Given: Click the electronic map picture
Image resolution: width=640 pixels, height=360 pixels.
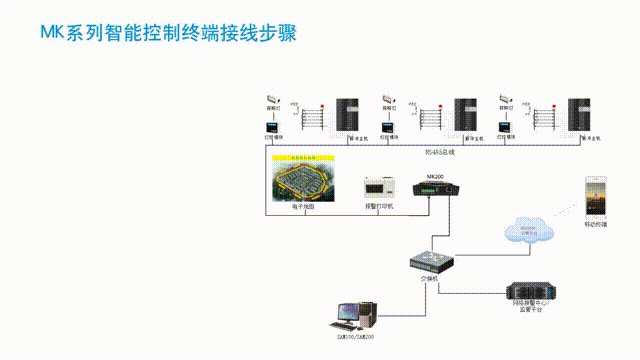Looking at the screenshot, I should tap(303, 178).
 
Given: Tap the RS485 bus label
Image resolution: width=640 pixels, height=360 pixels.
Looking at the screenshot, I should tap(439, 151).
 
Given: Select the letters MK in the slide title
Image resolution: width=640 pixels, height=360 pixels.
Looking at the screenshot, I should tap(51, 34).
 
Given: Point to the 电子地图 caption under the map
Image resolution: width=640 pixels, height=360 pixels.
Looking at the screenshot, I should tap(303, 206).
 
